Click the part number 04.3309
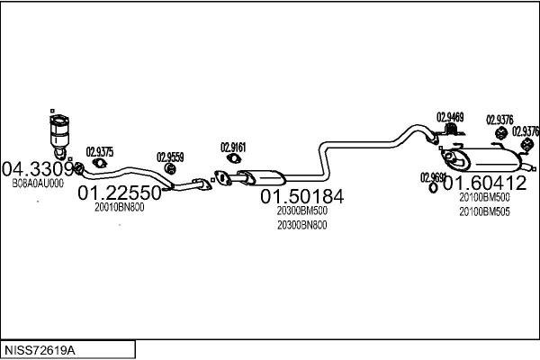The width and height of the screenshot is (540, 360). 37,168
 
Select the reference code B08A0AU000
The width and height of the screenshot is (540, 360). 38,183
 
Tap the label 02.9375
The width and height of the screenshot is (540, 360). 99,151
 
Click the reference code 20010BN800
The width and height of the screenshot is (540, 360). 119,207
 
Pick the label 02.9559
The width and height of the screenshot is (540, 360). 170,157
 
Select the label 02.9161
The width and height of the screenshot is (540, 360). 233,146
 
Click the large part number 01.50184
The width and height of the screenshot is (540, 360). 302,196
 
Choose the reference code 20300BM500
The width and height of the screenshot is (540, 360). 302,211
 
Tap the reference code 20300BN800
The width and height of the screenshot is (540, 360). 302,225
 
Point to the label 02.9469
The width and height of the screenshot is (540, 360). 450,116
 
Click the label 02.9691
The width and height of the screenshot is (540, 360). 433,177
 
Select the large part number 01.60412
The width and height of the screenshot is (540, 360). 483,184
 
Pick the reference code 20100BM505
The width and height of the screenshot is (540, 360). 484,211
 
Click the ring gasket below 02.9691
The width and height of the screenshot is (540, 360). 433,188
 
